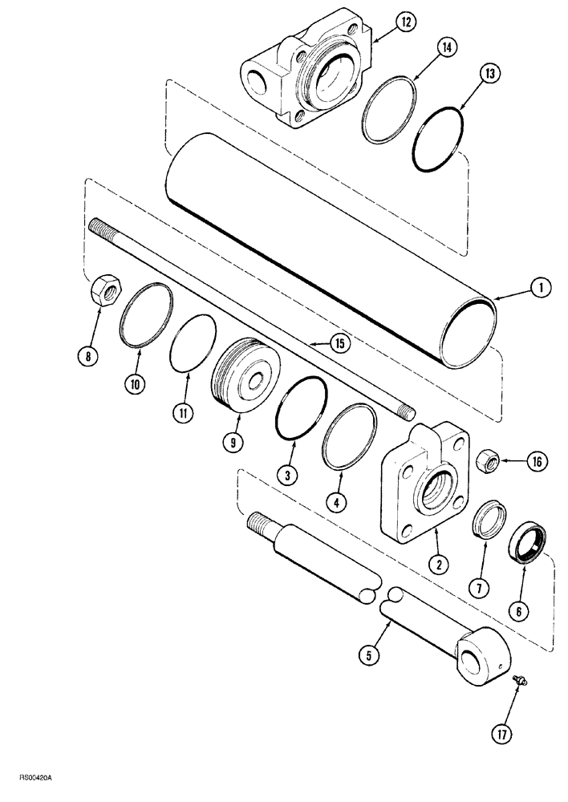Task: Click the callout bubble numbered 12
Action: pos(405,22)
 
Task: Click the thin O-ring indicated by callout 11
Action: pos(193,343)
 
